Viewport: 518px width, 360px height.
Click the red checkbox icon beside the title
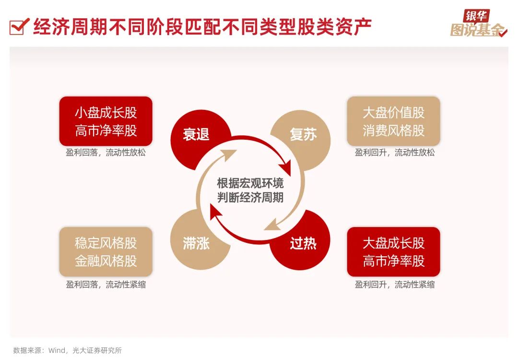coord(17,26)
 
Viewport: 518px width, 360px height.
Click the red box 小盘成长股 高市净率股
coord(106,121)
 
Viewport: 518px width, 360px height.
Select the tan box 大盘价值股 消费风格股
coord(393,121)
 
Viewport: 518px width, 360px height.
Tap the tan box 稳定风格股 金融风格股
coord(106,252)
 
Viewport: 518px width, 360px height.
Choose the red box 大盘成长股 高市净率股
coord(393,252)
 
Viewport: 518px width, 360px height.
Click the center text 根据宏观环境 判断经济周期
coord(250,190)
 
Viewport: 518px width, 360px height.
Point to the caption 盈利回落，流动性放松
coord(106,153)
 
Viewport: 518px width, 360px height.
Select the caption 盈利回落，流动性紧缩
coord(106,285)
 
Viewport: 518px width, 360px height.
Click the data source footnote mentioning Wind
coord(68,350)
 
